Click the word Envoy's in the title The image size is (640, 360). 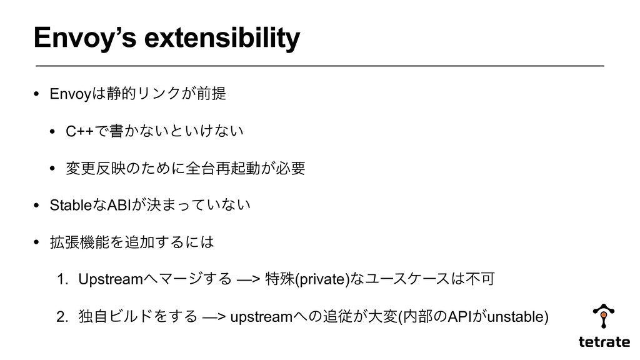(x=85, y=38)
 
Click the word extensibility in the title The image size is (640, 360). (x=222, y=37)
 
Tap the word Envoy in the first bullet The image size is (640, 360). (x=70, y=94)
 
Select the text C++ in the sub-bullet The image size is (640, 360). (x=79, y=131)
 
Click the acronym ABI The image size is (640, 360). (x=119, y=205)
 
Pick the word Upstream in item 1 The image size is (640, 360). (x=111, y=279)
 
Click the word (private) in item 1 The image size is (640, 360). (x=322, y=279)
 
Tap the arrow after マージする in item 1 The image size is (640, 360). (x=248, y=279)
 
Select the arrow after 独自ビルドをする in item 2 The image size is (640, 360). (x=214, y=317)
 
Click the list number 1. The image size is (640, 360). (x=62, y=279)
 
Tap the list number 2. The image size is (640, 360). (x=62, y=317)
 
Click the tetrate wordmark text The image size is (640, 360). (x=604, y=342)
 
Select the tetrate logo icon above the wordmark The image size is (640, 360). (x=604, y=316)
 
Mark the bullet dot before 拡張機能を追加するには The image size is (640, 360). (x=36, y=242)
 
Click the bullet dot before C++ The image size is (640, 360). (x=52, y=131)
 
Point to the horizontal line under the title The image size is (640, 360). (x=319, y=65)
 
